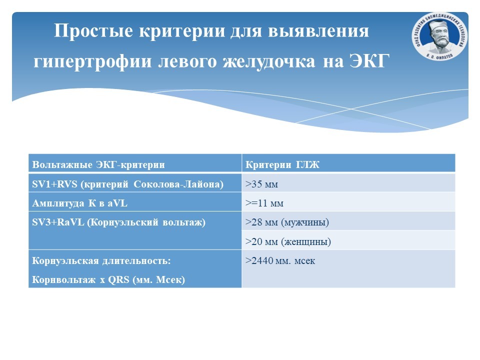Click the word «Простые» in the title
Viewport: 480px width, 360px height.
93,31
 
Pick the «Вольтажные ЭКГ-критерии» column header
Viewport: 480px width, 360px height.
98,164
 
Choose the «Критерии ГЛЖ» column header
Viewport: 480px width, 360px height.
282,164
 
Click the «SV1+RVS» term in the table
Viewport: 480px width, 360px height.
55,184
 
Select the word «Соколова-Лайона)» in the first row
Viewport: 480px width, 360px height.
178,184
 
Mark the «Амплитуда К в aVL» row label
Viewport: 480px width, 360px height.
79,203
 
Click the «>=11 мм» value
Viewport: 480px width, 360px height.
264,203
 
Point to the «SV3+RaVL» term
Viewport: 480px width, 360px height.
58,222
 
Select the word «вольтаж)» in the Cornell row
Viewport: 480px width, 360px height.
184,222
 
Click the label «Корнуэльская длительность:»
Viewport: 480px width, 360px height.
101,261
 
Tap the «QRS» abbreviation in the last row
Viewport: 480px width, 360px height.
119,280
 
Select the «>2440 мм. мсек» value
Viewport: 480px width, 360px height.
280,261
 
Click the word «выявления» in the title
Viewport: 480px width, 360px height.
318,31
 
